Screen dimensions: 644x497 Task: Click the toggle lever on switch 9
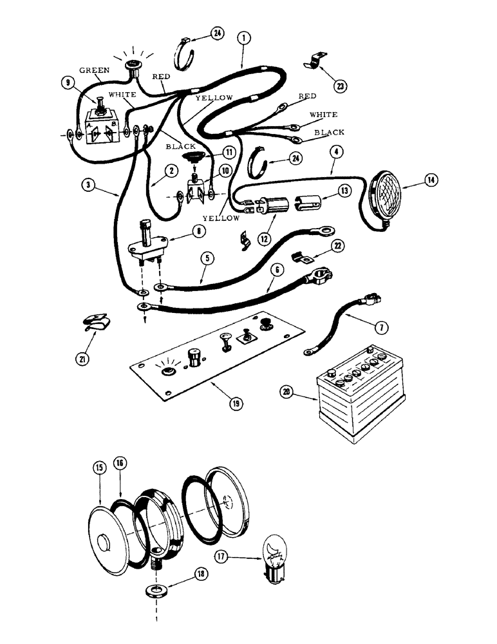(100, 102)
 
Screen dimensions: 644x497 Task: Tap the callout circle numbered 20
(288, 390)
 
